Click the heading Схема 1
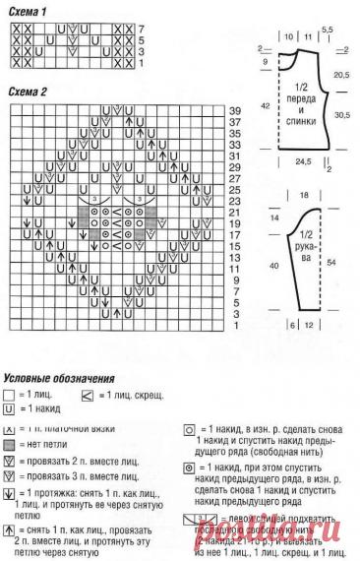pos(29,9)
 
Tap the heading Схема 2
pos(29,92)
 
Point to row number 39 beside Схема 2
pos(235,110)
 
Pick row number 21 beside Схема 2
pos(235,212)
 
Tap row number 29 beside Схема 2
pos(235,166)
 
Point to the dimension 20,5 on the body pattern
pos(341,74)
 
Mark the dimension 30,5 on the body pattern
pos(341,115)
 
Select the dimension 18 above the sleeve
pos(303,197)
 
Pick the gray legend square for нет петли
pos(10,446)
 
